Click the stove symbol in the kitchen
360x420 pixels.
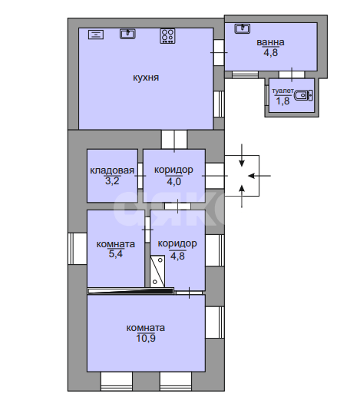[x=167, y=36]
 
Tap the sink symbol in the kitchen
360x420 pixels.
[x=127, y=34]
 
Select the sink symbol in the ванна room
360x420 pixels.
[x=243, y=28]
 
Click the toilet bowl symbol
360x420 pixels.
[x=303, y=95]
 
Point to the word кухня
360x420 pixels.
[x=146, y=78]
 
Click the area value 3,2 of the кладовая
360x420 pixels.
[x=112, y=181]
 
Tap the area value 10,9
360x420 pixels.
[x=146, y=338]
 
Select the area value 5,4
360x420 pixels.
[x=116, y=253]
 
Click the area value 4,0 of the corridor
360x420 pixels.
[x=174, y=182]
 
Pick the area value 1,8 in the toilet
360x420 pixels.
[x=282, y=101]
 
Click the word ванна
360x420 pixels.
[x=270, y=42]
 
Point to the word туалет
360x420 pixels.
[x=282, y=91]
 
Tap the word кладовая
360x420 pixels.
[x=112, y=170]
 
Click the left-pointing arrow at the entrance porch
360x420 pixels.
[x=259, y=176]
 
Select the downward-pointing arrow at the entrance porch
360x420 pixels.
[x=242, y=155]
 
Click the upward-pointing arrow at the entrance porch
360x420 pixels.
[x=242, y=196]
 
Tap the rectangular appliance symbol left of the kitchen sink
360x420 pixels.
[x=96, y=35]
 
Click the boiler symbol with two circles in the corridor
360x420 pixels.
[x=157, y=271]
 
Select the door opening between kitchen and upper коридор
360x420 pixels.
[x=174, y=140]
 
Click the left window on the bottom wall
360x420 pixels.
[x=117, y=381]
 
